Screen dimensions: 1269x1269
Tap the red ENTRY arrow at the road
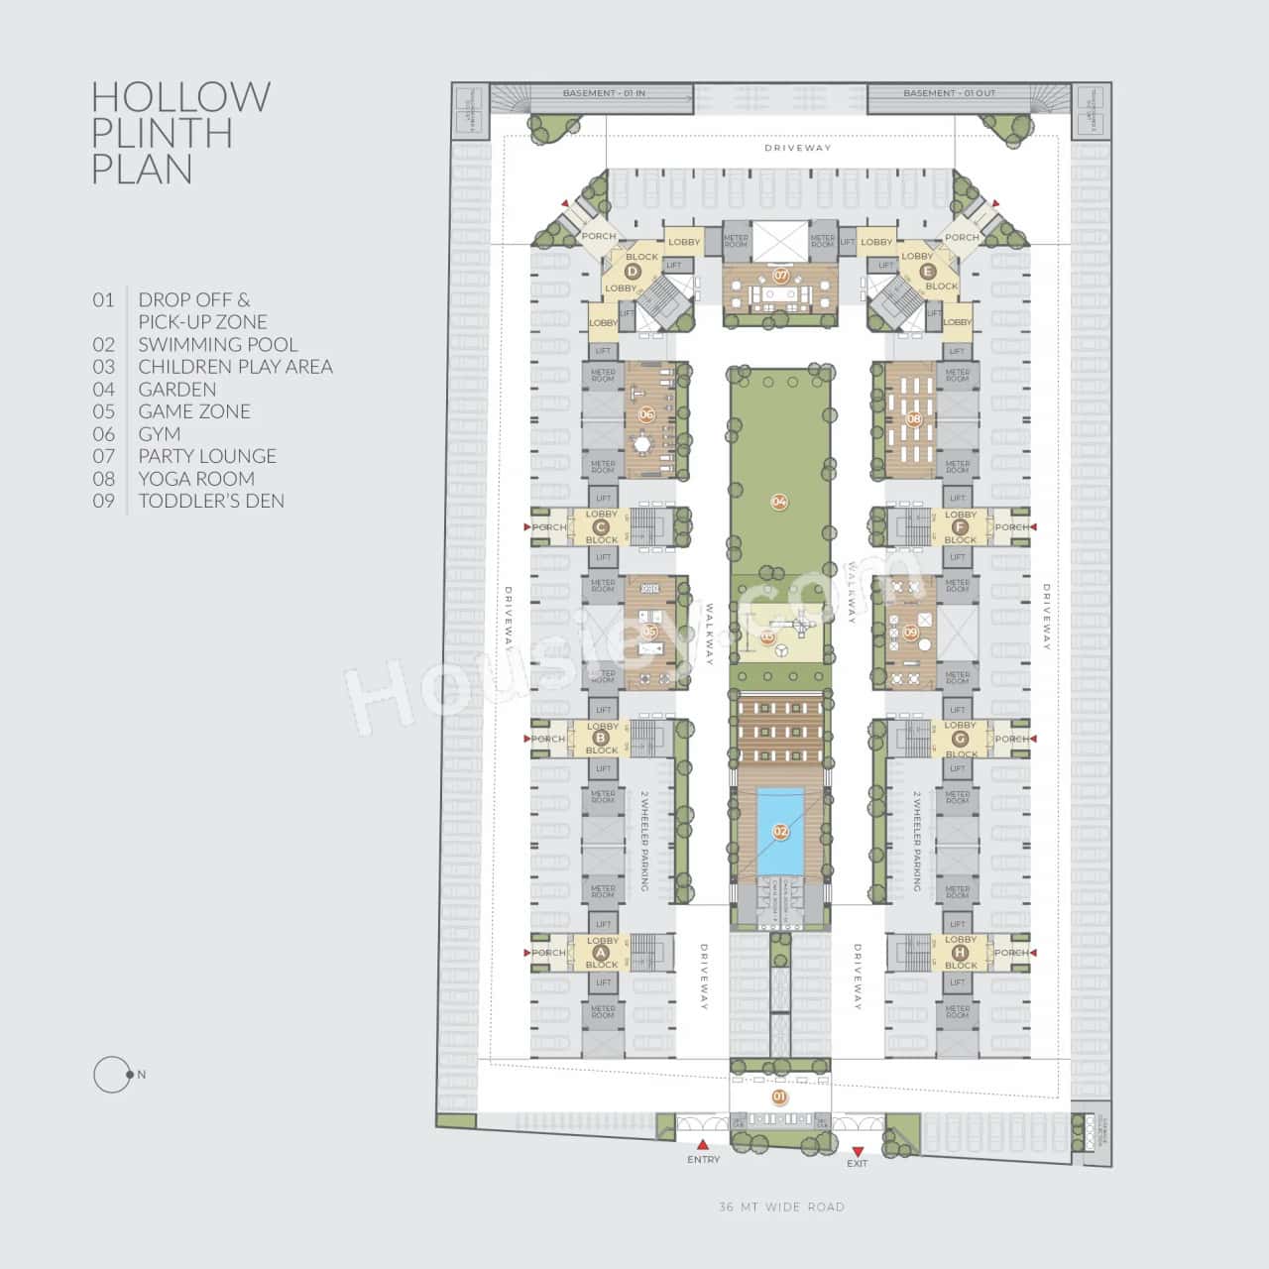click(x=703, y=1144)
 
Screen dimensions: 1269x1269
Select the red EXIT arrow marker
click(x=857, y=1149)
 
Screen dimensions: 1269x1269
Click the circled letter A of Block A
click(x=599, y=953)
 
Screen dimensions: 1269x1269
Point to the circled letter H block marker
click(x=960, y=953)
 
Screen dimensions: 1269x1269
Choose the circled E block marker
click(x=927, y=272)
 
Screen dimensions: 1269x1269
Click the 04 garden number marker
click(x=779, y=502)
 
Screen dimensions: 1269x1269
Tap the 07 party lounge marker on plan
click(x=781, y=275)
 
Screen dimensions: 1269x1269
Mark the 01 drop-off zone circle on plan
click(x=779, y=1096)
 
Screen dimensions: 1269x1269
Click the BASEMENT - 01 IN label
click(x=604, y=93)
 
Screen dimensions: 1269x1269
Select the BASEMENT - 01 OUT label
click(x=949, y=93)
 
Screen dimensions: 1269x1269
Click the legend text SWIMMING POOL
click(x=217, y=344)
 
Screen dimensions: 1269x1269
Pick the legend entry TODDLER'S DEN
click(x=211, y=501)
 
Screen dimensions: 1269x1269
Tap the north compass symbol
click(x=113, y=1075)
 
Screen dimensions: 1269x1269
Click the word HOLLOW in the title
click(x=180, y=97)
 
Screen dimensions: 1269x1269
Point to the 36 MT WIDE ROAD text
click(x=781, y=1207)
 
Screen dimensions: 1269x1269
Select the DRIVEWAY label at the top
click(x=798, y=148)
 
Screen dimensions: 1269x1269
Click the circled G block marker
click(x=960, y=740)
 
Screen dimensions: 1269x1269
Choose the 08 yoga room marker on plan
click(x=913, y=419)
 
